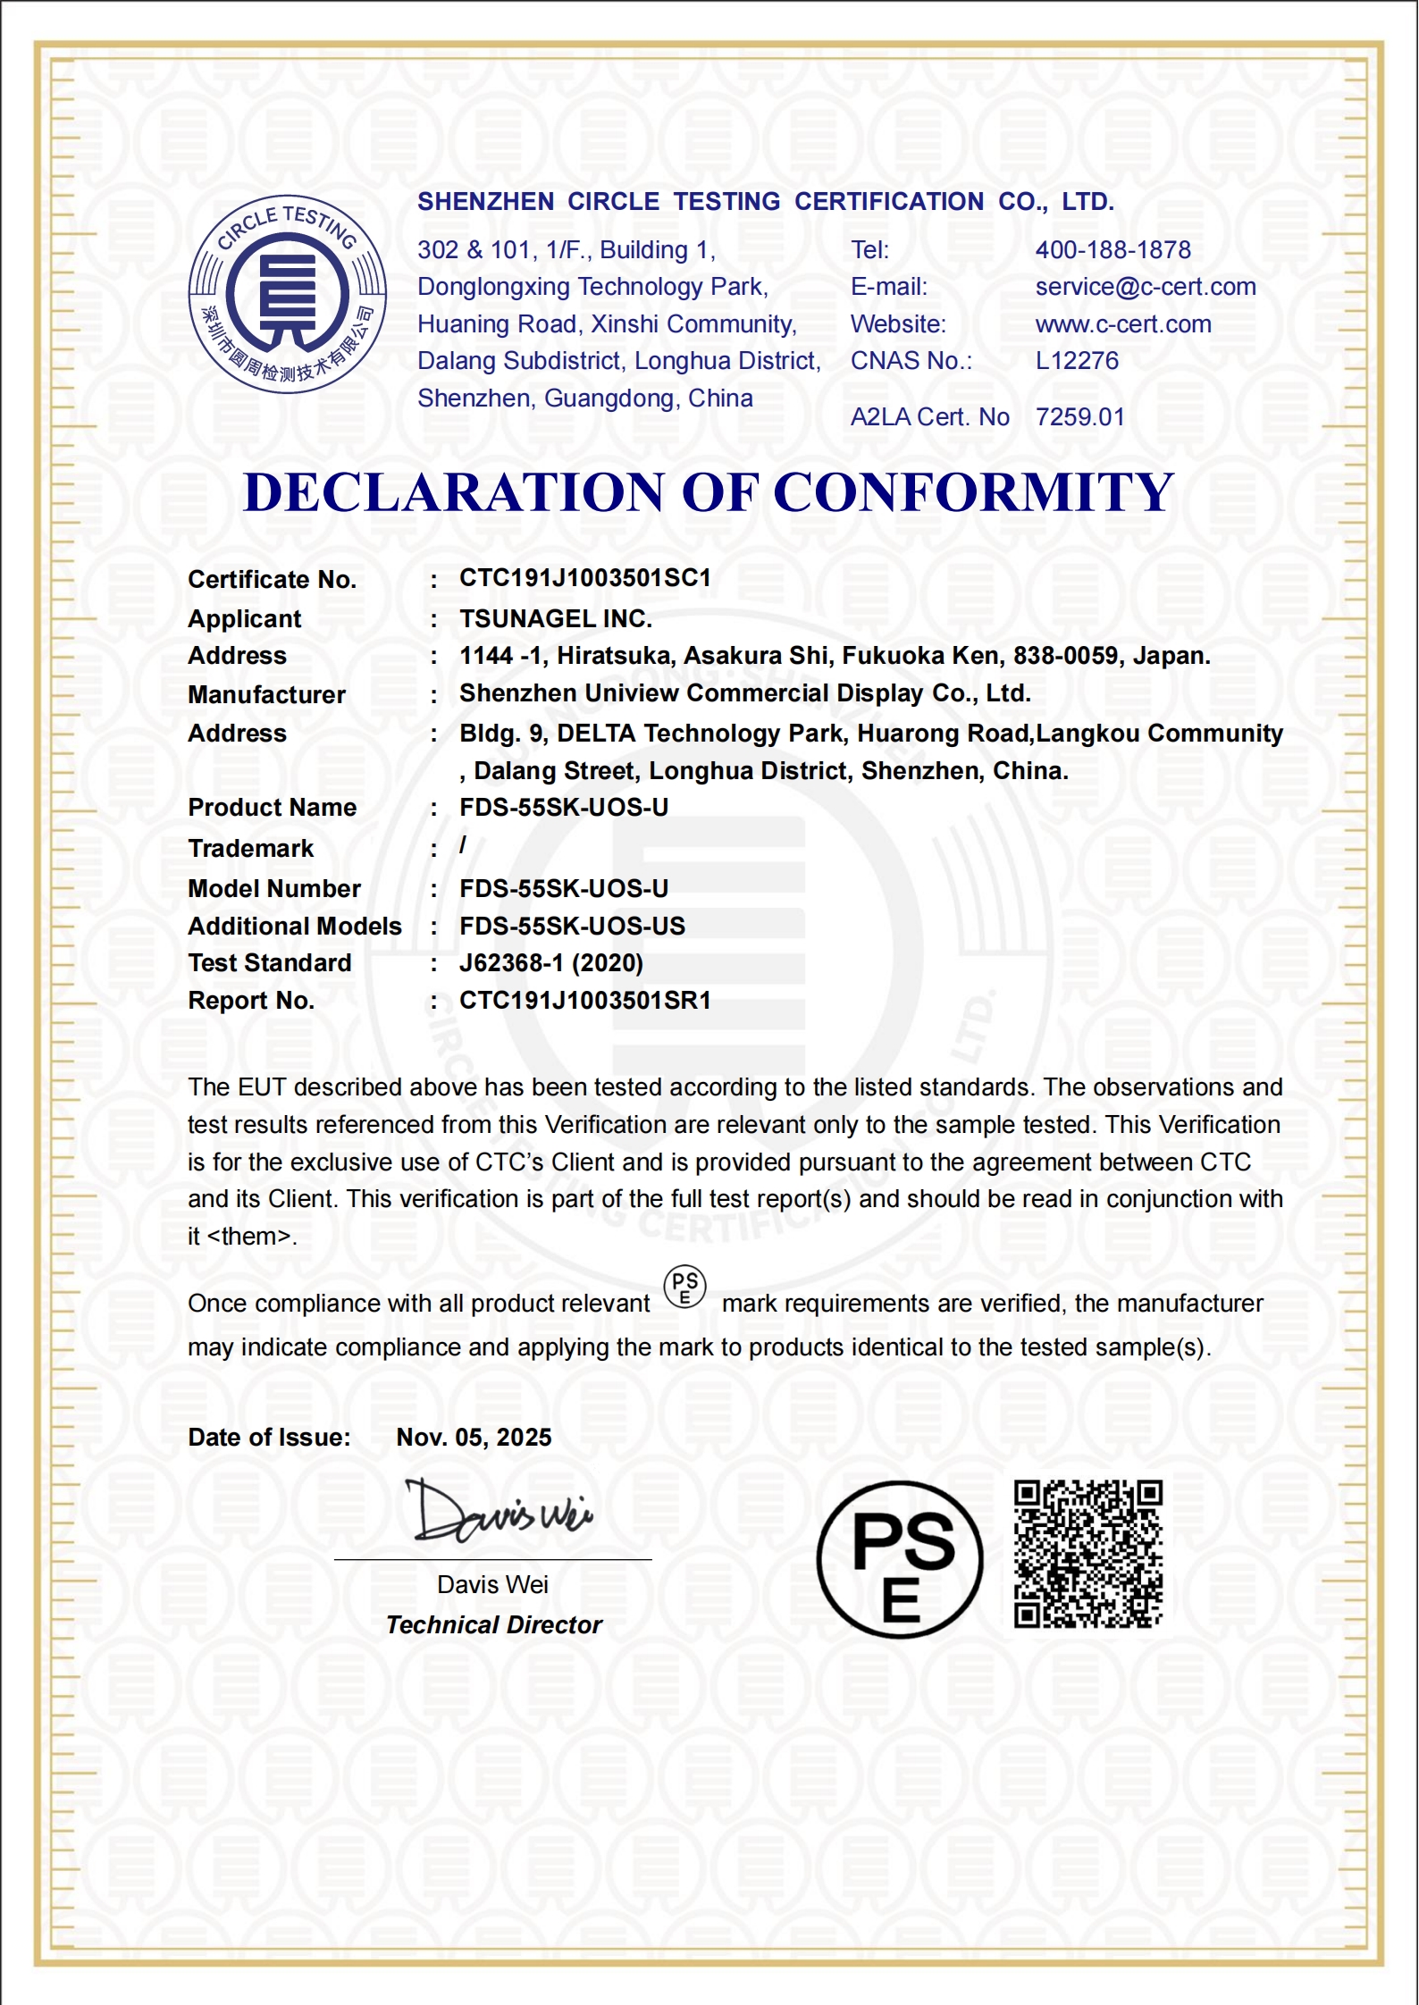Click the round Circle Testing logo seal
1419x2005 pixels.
pyautogui.click(x=287, y=294)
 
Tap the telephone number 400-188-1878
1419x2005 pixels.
pyautogui.click(x=1113, y=250)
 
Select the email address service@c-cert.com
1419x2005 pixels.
pyautogui.click(x=1145, y=287)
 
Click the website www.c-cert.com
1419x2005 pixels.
pyautogui.click(x=1122, y=324)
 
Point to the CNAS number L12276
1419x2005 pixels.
pyautogui.click(x=1076, y=361)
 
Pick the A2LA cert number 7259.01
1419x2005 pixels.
pyautogui.click(x=1079, y=417)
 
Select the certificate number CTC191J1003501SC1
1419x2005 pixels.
pyautogui.click(x=584, y=578)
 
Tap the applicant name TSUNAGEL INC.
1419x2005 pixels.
pyautogui.click(x=555, y=618)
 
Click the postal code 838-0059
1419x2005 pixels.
pyautogui.click(x=1065, y=656)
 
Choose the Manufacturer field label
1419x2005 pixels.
pyautogui.click(x=266, y=694)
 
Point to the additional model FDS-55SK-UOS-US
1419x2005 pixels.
pyautogui.click(x=572, y=926)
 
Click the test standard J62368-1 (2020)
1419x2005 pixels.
pyautogui.click(x=550, y=963)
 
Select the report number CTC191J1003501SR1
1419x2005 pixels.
pyautogui.click(x=584, y=1001)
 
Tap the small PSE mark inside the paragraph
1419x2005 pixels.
pyautogui.click(x=684, y=1288)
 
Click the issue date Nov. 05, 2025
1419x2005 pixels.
pyautogui.click(x=474, y=1437)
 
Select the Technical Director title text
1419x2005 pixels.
pyautogui.click(x=493, y=1624)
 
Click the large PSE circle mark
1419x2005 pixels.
pyautogui.click(x=899, y=1559)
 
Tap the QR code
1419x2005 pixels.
pyautogui.click(x=1087, y=1554)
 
